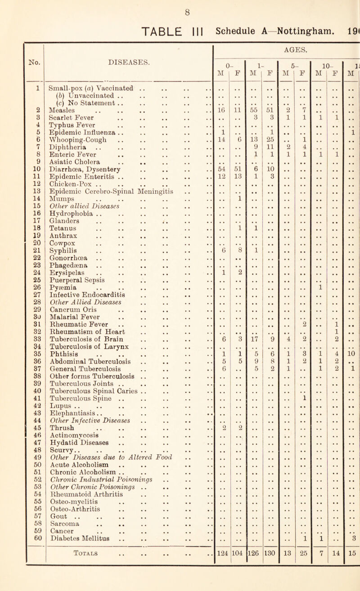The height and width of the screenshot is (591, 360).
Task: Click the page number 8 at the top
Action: pos(180,6)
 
